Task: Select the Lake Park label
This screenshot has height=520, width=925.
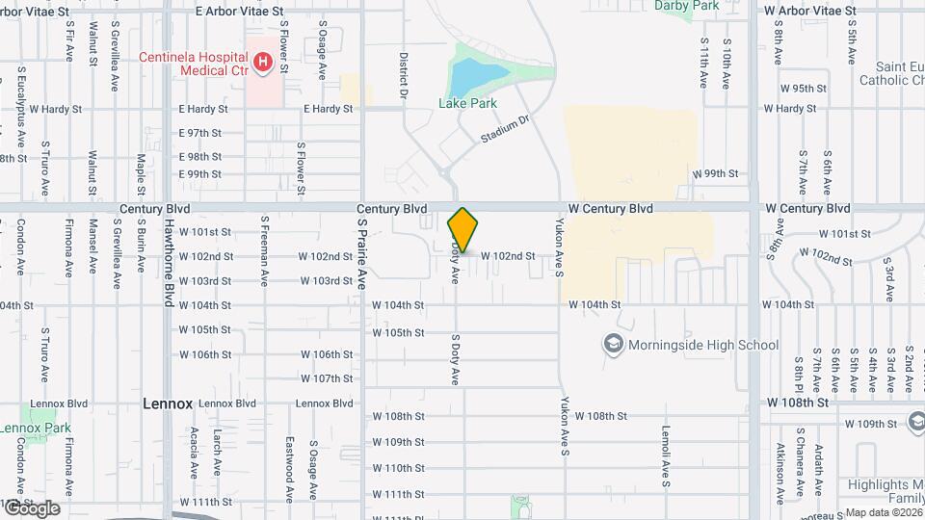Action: tap(466, 103)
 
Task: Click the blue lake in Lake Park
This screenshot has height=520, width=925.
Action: tap(469, 73)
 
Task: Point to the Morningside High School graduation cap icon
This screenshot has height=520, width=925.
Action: tap(613, 344)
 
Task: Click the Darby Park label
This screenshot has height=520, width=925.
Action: tap(687, 6)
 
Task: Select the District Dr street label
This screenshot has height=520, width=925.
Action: tap(404, 75)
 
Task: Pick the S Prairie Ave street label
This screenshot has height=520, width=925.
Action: tap(363, 251)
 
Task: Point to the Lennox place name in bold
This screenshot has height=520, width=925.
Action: tap(168, 403)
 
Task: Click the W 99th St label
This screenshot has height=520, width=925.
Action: tap(715, 174)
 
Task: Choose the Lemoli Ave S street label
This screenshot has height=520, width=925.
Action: tap(665, 457)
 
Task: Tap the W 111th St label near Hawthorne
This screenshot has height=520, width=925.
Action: tap(205, 503)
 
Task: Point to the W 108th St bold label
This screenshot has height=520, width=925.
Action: tap(797, 402)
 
